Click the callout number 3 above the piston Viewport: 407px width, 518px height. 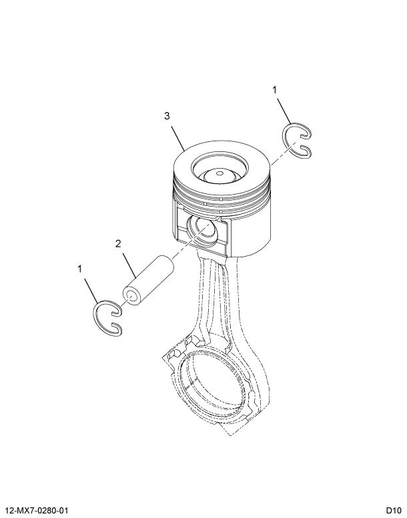click(167, 116)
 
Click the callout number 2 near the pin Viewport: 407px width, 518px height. click(118, 244)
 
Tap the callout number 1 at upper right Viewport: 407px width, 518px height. click(274, 89)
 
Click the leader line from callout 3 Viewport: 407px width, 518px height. click(177, 135)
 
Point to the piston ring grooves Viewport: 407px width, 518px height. click(220, 197)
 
